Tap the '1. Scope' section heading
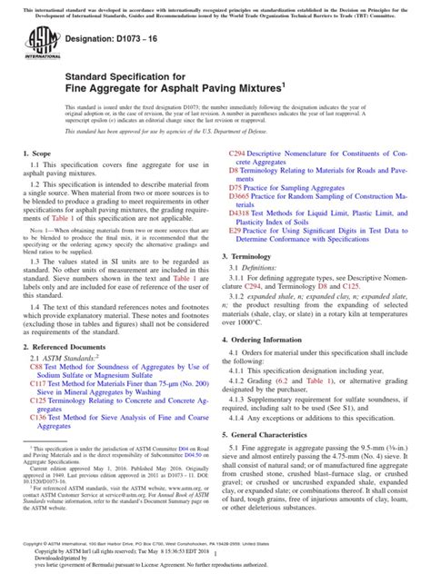coord(37,183)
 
